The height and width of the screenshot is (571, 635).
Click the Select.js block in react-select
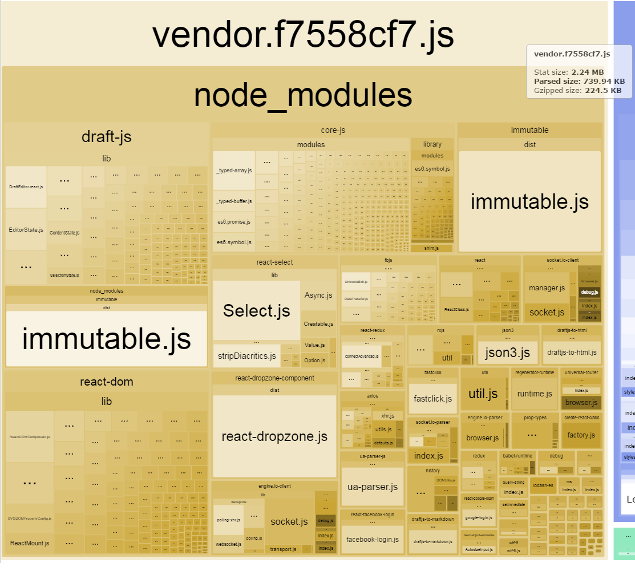click(256, 310)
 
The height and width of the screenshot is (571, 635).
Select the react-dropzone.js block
click(274, 436)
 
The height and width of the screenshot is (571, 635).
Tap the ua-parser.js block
click(372, 487)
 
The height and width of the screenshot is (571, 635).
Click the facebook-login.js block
click(372, 539)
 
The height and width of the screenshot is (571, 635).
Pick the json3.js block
click(507, 353)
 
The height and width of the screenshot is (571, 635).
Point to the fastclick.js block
click(432, 399)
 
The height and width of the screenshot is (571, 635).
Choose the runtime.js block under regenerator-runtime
click(534, 394)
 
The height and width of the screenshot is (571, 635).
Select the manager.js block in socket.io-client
click(546, 287)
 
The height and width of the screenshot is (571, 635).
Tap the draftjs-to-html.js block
click(571, 353)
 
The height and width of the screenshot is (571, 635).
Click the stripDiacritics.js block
click(246, 356)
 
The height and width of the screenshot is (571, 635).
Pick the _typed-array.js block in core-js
click(234, 171)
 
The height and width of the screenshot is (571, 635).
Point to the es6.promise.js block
click(234, 221)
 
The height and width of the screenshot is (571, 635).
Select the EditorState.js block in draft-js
click(26, 229)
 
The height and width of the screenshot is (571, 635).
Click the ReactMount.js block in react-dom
click(30, 543)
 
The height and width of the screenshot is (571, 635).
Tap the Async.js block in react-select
click(318, 295)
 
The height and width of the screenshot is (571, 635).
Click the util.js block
click(483, 394)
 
